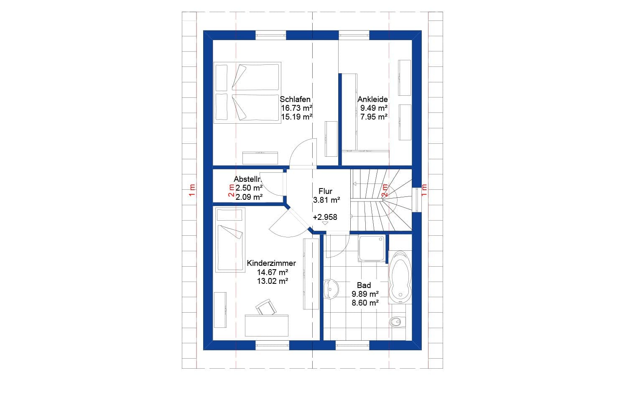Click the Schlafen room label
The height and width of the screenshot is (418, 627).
click(295, 99)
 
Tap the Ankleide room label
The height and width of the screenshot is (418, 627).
click(372, 99)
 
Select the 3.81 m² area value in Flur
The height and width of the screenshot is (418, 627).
click(326, 200)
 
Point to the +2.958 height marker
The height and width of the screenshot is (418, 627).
click(325, 217)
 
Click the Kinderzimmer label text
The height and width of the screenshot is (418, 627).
click(271, 263)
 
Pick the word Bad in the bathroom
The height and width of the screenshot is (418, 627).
click(364, 285)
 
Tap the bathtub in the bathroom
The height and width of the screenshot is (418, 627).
click(400, 277)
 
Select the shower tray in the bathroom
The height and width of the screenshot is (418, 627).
click(372, 249)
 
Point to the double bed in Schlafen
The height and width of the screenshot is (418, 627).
click(247, 93)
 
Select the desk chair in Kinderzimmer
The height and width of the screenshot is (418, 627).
click(266, 308)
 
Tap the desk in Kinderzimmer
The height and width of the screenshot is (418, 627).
click(267, 325)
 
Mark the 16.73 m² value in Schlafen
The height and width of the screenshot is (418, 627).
click(296, 108)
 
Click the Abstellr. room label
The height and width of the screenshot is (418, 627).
click(248, 179)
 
